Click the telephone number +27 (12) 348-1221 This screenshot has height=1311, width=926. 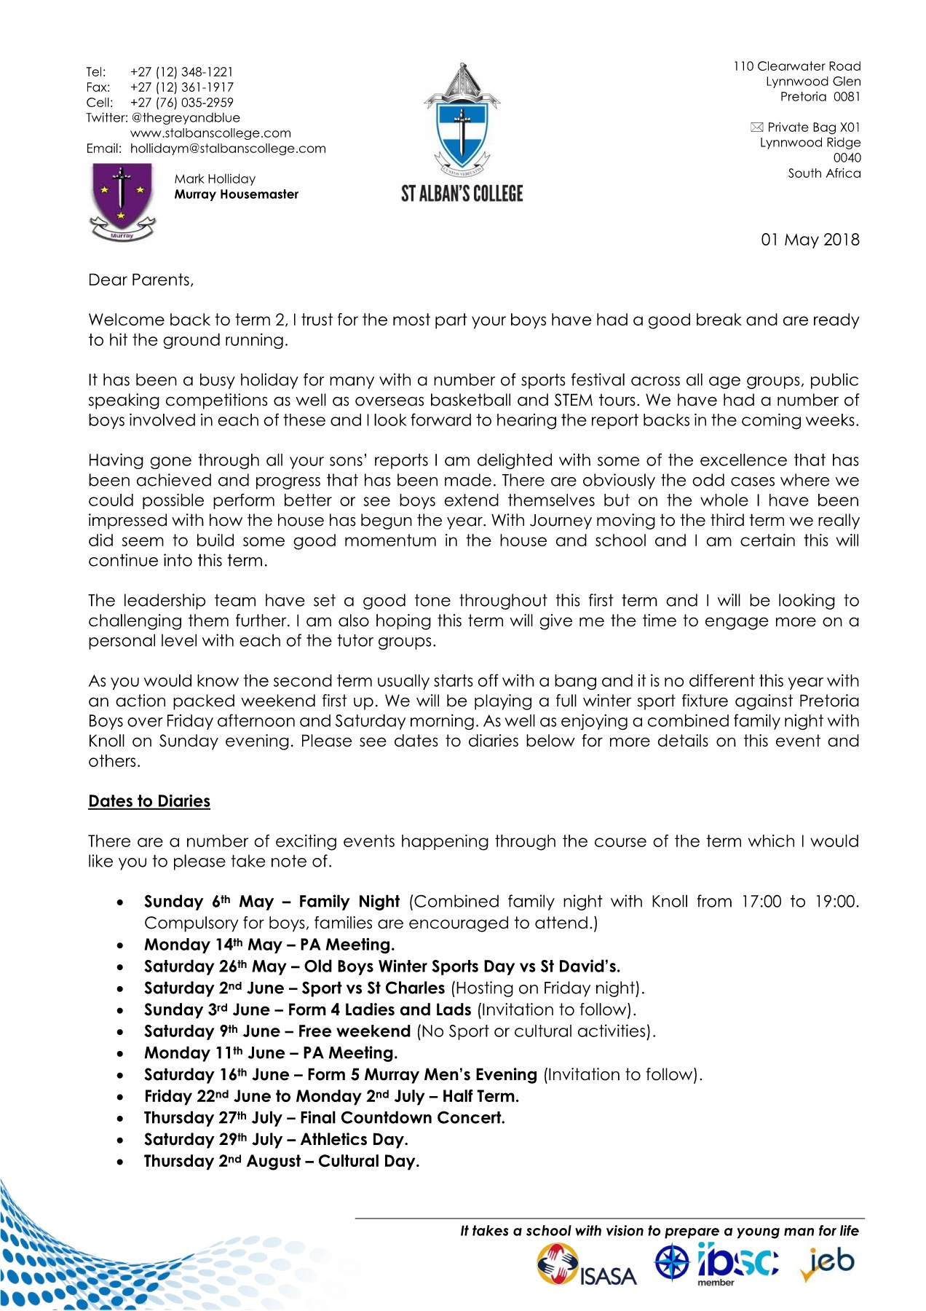click(181, 72)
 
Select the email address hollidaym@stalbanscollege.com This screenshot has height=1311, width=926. click(228, 149)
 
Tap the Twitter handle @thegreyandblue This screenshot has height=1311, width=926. click(186, 118)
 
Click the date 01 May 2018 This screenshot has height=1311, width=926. click(810, 240)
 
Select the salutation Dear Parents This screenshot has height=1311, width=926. click(141, 280)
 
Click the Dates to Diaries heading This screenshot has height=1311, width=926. click(149, 801)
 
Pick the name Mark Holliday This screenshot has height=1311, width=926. click(215, 179)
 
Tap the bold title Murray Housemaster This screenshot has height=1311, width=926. click(236, 194)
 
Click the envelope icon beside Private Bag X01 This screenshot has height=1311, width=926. click(756, 127)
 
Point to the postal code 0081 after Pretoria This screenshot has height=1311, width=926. click(847, 97)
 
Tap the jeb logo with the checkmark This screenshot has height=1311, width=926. click(828, 1264)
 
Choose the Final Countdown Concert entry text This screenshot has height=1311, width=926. click(402, 1118)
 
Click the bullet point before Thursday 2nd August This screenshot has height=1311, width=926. click(120, 1162)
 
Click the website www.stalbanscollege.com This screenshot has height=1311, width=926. click(210, 133)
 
